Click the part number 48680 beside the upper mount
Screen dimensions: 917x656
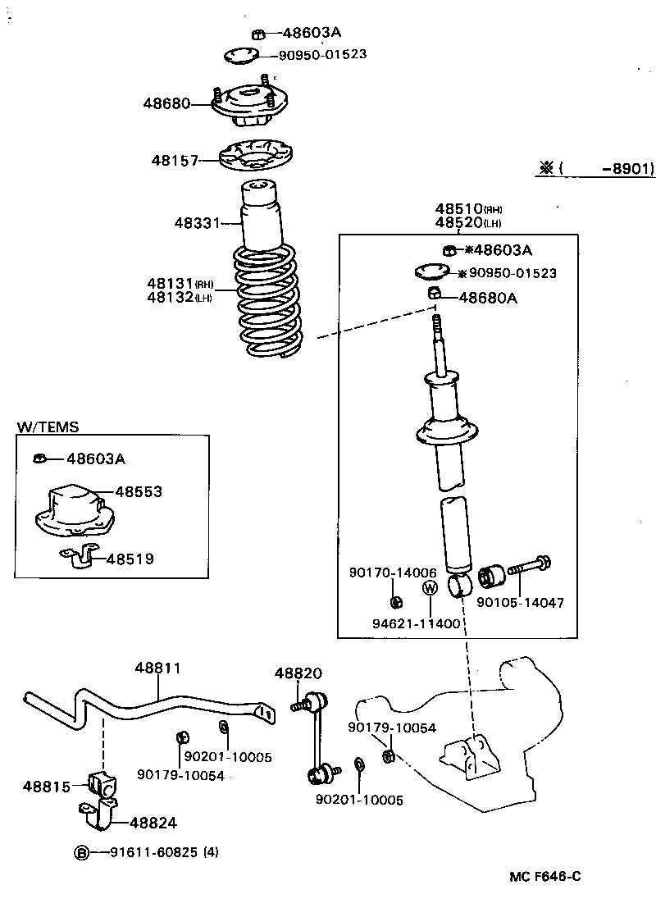(166, 103)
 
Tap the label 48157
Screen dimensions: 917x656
(174, 161)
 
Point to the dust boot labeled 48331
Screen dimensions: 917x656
(261, 215)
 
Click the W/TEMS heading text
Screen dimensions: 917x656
(48, 427)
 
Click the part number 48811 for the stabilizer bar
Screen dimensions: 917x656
(157, 668)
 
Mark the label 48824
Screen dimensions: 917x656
(153, 823)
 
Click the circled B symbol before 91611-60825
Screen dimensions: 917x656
(81, 853)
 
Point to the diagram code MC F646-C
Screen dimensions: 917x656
(544, 877)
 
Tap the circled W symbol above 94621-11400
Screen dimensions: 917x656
(429, 587)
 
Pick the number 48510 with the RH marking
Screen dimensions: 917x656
(458, 208)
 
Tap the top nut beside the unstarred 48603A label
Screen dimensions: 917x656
(257, 34)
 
